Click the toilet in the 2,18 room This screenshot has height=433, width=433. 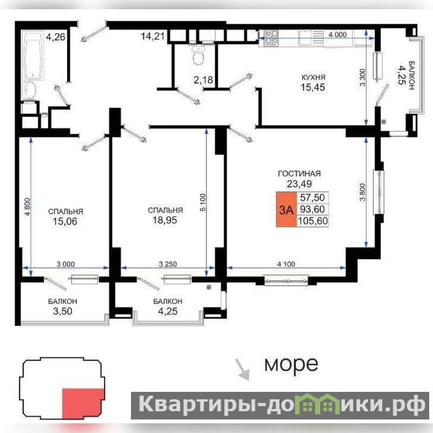(198, 55)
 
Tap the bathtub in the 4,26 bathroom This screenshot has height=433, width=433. (33, 55)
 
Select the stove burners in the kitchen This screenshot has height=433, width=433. (272, 38)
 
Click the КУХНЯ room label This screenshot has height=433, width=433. (313, 77)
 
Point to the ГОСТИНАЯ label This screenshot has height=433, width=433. (299, 174)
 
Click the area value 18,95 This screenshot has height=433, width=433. (165, 220)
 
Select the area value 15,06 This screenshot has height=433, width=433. (65, 221)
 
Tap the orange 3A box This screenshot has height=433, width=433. (286, 209)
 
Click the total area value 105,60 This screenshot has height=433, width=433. (313, 221)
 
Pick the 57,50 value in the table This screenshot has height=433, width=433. (312, 198)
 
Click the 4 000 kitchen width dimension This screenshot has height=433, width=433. (337, 35)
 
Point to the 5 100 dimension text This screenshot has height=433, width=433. (202, 202)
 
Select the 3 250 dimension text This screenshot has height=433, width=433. (168, 264)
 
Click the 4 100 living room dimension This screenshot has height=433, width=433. (286, 264)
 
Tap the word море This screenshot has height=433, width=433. (291, 364)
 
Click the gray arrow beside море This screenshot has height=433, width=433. (242, 370)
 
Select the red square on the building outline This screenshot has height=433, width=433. (83, 403)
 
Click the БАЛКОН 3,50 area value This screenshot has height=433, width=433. (63, 311)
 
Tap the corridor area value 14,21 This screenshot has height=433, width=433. (153, 36)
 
